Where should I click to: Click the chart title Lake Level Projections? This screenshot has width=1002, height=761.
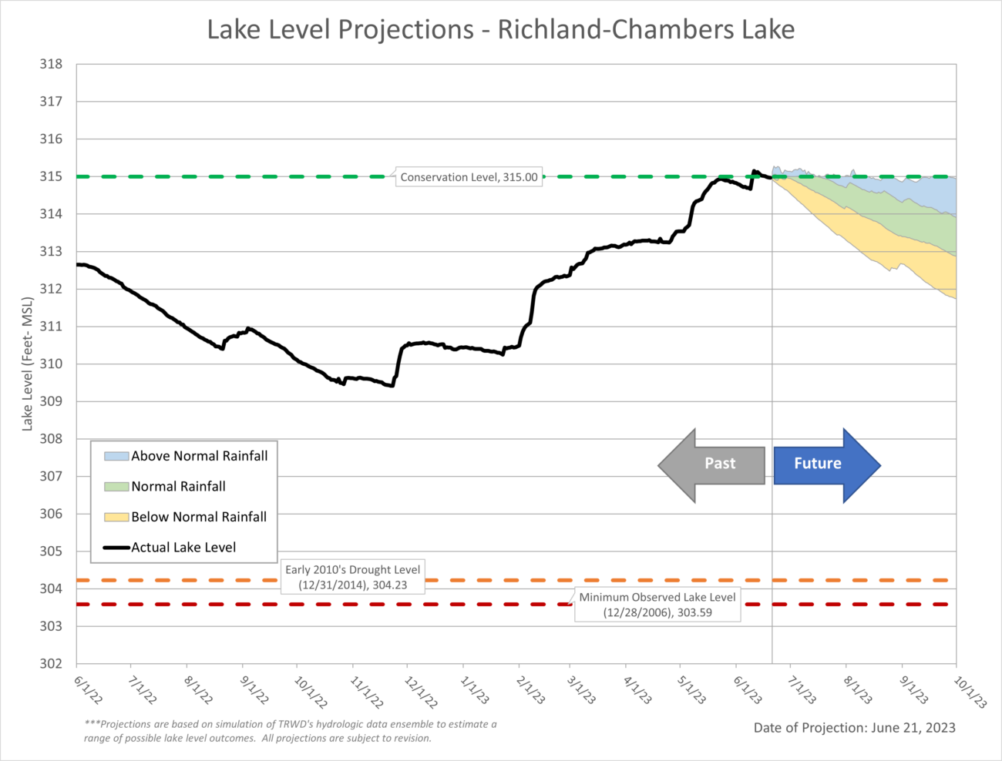(501, 30)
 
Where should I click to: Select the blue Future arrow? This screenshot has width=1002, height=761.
(825, 464)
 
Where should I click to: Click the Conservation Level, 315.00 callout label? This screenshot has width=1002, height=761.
(469, 177)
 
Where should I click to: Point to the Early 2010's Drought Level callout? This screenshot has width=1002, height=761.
(352, 578)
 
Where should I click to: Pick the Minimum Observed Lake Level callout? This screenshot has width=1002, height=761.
(657, 605)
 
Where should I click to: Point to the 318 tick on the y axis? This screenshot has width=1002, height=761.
(51, 65)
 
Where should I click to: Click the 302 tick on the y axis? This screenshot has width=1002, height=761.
(51, 664)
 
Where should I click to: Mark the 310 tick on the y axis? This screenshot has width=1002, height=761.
(51, 364)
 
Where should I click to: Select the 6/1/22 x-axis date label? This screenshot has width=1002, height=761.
(88, 690)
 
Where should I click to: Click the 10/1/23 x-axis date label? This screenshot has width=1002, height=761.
(970, 692)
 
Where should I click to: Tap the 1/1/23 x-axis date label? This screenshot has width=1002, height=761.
(474, 690)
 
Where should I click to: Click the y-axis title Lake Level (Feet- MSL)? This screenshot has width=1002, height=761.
(28, 364)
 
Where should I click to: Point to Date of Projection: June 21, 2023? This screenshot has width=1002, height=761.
(854, 728)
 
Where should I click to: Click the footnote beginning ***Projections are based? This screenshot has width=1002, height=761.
(291, 731)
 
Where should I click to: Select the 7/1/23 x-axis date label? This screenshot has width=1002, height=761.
(802, 690)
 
